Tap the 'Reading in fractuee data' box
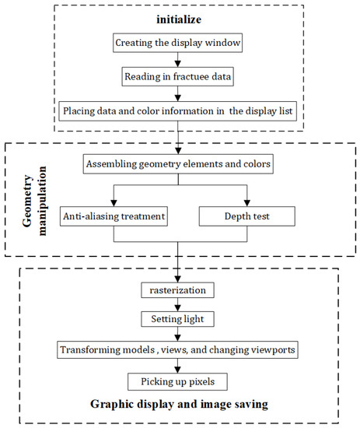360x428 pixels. pos(180,77)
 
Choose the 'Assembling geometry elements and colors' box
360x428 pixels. pos(180,164)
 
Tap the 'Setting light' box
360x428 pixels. pos(180,319)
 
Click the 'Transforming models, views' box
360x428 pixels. pos(180,350)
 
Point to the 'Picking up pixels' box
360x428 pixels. pos(180,381)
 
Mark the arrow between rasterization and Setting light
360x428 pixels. pos(180,304)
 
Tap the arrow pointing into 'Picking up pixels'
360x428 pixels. pos(180,367)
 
